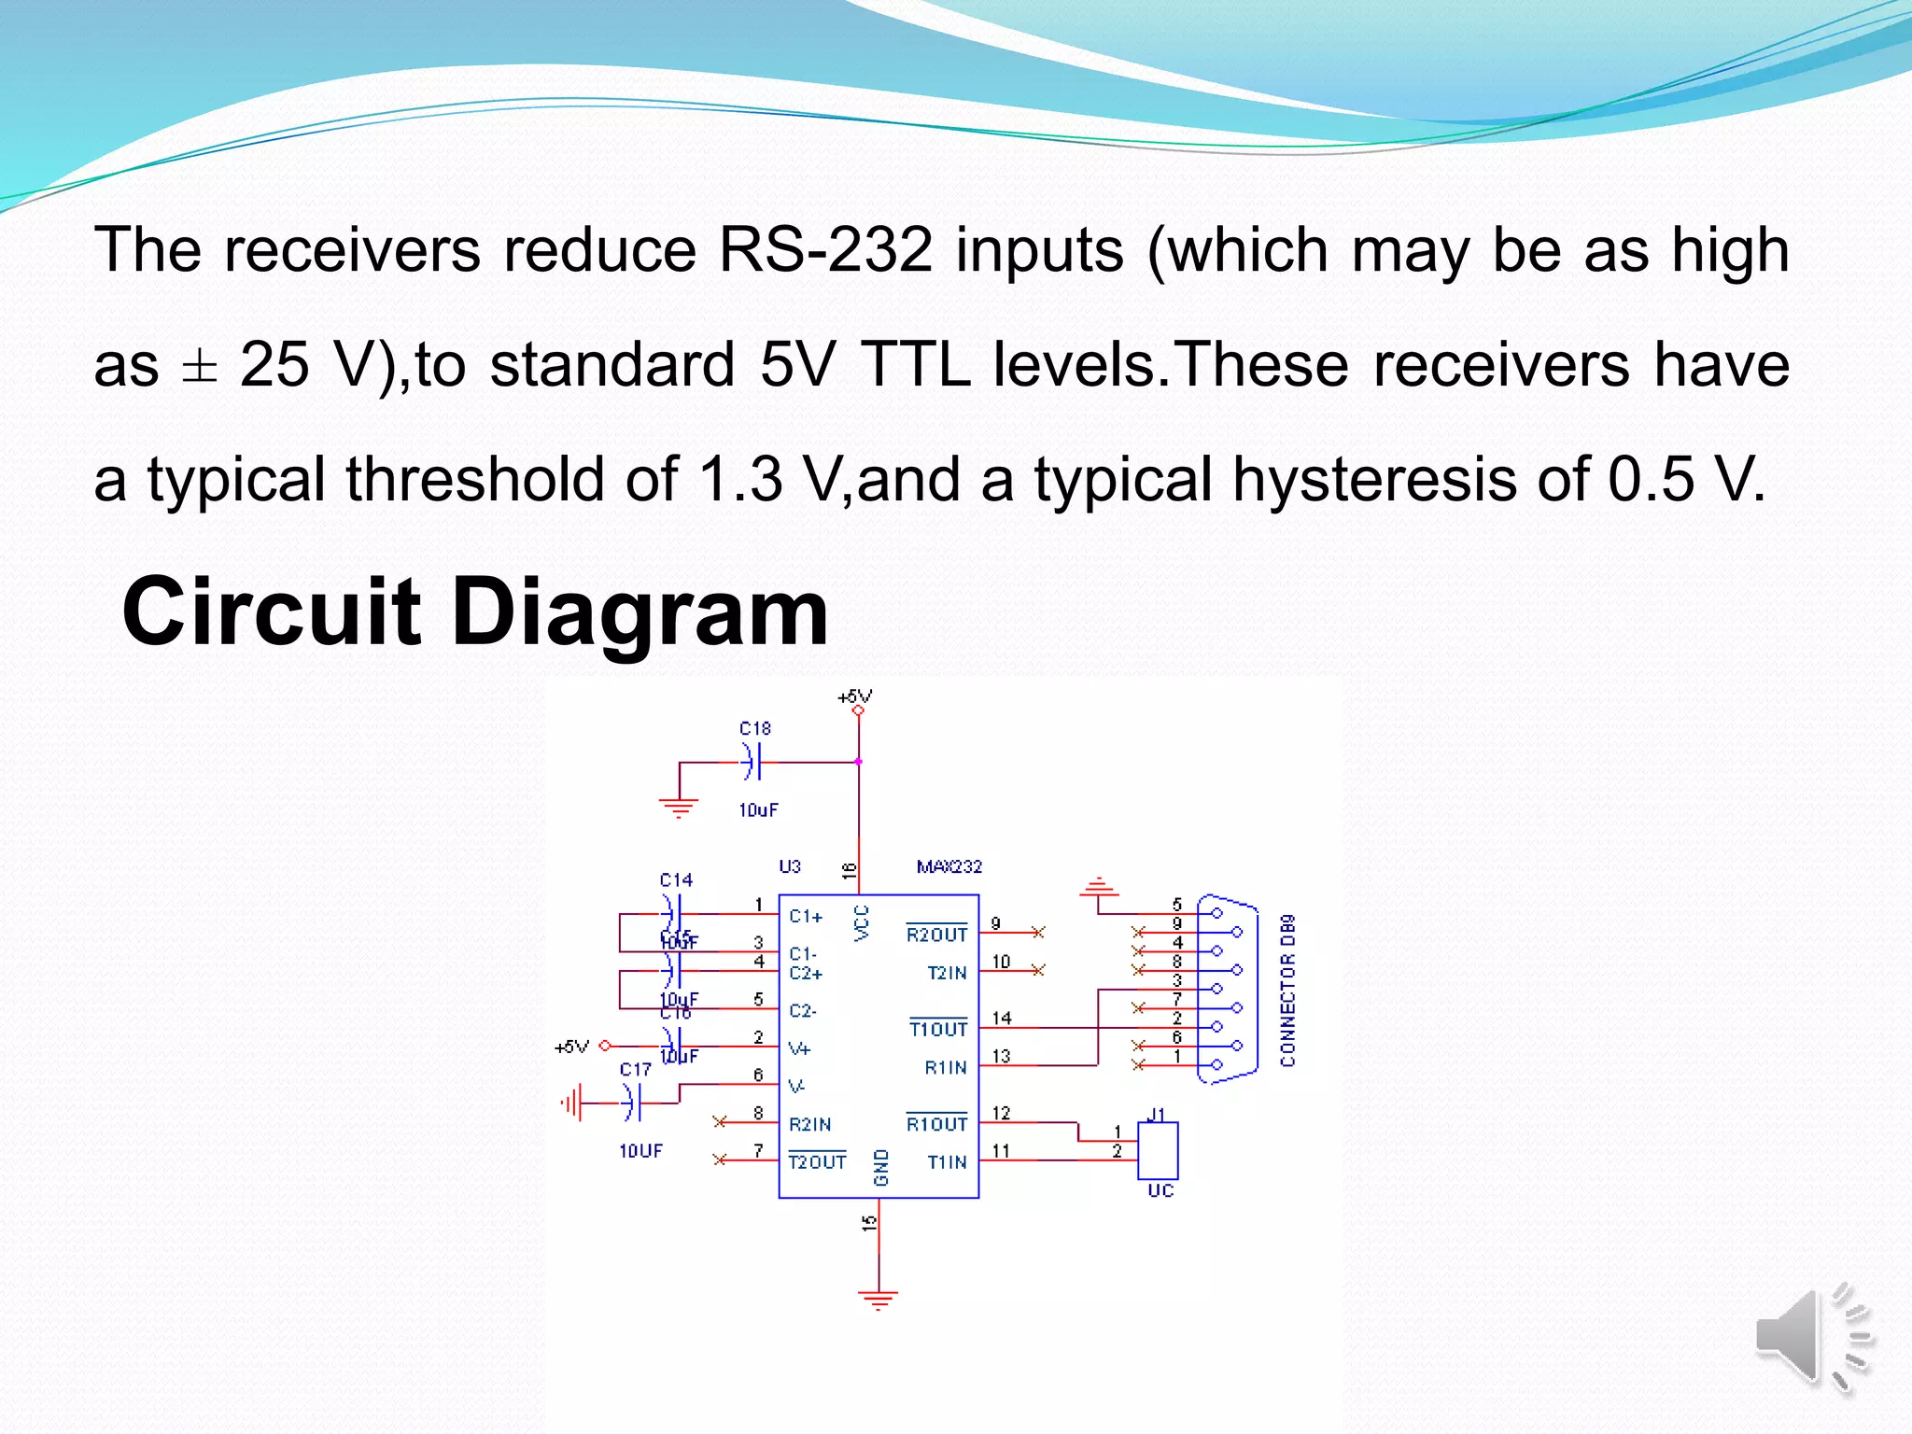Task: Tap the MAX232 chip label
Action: point(949,866)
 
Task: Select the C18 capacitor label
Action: point(754,728)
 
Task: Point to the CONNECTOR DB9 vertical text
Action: point(1288,990)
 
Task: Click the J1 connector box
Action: point(1158,1150)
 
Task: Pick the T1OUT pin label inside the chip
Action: point(938,1029)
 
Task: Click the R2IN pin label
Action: point(809,1124)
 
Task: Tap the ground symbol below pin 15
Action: point(878,1299)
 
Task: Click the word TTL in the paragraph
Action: point(915,364)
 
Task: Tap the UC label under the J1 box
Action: point(1160,1190)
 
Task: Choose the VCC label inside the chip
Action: point(862,922)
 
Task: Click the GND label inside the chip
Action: point(880,1167)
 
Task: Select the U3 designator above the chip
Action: point(790,866)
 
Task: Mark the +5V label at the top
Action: point(854,696)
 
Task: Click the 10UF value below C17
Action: point(640,1151)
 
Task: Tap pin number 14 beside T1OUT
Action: point(1002,1018)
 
